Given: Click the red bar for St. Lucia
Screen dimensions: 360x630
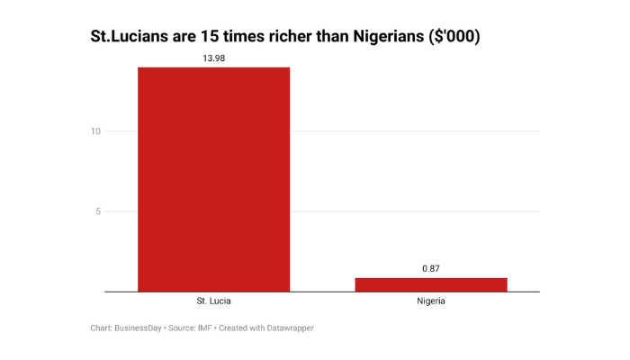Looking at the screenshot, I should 213,179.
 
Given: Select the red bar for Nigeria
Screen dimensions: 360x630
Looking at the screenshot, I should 431,284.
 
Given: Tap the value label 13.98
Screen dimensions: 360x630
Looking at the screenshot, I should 213,57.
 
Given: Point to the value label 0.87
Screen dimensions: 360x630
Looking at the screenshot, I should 431,268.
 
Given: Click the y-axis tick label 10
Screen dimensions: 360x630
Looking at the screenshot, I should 95,131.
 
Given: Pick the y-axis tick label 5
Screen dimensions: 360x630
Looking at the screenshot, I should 98,211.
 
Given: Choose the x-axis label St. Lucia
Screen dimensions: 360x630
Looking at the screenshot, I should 213,301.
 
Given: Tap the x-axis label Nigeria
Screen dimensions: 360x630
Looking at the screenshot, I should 431,301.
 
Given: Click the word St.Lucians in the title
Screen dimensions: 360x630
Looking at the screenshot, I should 132,38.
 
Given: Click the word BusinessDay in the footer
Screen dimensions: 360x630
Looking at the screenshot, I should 138,328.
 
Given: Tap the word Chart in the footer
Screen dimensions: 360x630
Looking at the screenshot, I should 101,328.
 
